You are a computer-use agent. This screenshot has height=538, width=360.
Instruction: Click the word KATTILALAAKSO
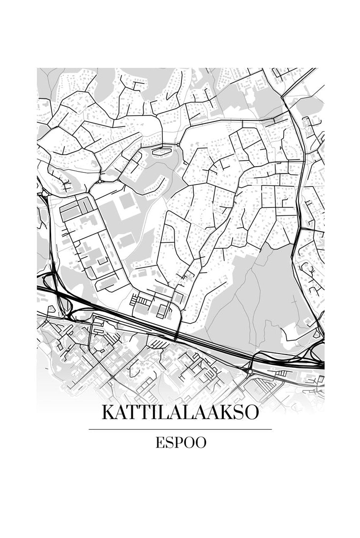point(180,412)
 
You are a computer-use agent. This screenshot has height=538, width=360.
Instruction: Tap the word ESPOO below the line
point(180,443)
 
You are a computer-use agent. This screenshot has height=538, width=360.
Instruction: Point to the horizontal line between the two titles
point(180,429)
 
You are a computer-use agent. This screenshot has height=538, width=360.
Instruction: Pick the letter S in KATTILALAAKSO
point(237,412)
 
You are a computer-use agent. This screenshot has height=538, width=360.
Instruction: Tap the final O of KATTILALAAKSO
point(251,412)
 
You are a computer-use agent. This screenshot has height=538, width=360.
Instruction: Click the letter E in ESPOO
point(160,443)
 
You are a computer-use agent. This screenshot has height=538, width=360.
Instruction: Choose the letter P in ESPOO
point(178,443)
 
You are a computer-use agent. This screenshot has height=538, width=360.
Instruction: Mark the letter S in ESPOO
point(169,443)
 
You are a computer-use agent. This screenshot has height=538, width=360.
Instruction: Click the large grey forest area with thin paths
point(256,300)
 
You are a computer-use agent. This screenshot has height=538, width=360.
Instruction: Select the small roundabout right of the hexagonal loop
point(178,144)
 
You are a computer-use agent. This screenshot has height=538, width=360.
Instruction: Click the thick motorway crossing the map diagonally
point(148,325)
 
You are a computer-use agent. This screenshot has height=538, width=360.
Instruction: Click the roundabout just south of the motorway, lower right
point(250,371)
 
